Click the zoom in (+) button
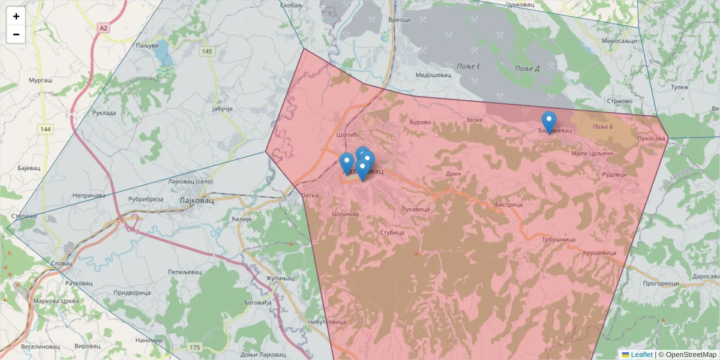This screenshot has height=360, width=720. [16, 16]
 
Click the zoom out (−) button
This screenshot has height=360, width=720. [16, 34]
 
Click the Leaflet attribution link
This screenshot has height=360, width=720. [641, 355]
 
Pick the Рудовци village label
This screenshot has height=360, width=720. [614, 175]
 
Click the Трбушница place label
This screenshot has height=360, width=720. [559, 239]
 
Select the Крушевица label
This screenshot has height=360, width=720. [599, 253]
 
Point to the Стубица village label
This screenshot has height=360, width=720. [392, 232]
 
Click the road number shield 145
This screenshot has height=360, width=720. [208, 52]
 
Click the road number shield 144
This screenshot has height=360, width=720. [46, 129]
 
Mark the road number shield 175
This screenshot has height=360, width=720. [194, 347]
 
